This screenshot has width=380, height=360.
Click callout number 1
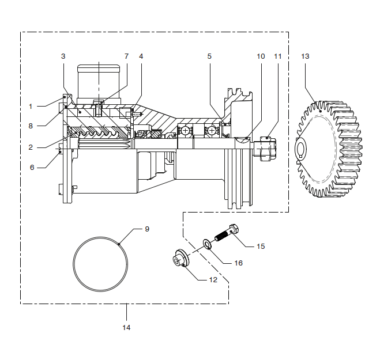(x=31, y=106)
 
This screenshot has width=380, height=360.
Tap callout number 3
(x=63, y=56)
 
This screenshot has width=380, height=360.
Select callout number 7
(x=126, y=56)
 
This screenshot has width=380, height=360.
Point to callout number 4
(x=141, y=56)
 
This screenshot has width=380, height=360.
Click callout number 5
(x=209, y=56)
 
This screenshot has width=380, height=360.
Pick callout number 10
(x=261, y=56)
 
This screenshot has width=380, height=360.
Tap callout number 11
(x=278, y=56)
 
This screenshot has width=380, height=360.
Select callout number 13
(x=305, y=56)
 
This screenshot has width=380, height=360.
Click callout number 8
(x=31, y=125)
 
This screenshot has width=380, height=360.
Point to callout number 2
(x=31, y=147)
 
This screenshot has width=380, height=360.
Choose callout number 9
(x=147, y=229)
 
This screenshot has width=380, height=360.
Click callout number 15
(x=261, y=246)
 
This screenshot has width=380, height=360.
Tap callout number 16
(x=238, y=263)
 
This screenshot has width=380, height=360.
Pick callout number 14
(x=126, y=327)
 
